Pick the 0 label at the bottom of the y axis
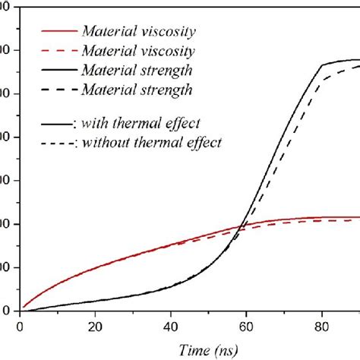(x=7, y=311)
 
